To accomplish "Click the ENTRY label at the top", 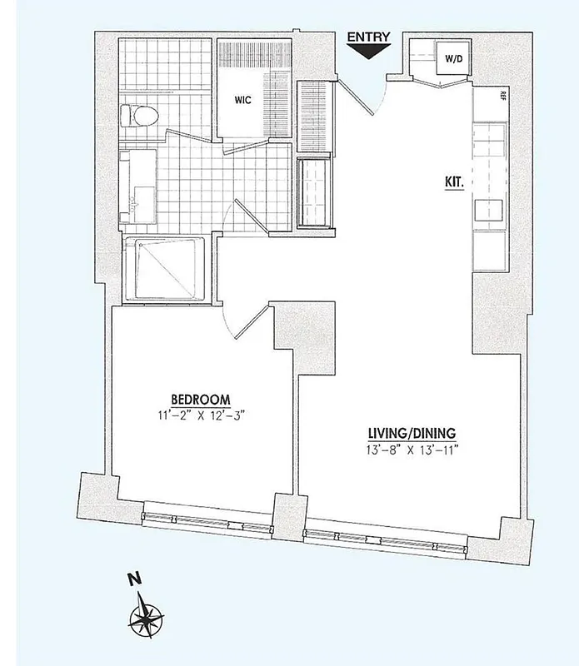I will coord(367,37).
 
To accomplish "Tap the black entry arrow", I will coord(367,52).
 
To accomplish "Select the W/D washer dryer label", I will coord(454,59).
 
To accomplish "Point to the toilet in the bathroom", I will coord(134,114).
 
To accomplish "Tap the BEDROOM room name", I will coord(200,398).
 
